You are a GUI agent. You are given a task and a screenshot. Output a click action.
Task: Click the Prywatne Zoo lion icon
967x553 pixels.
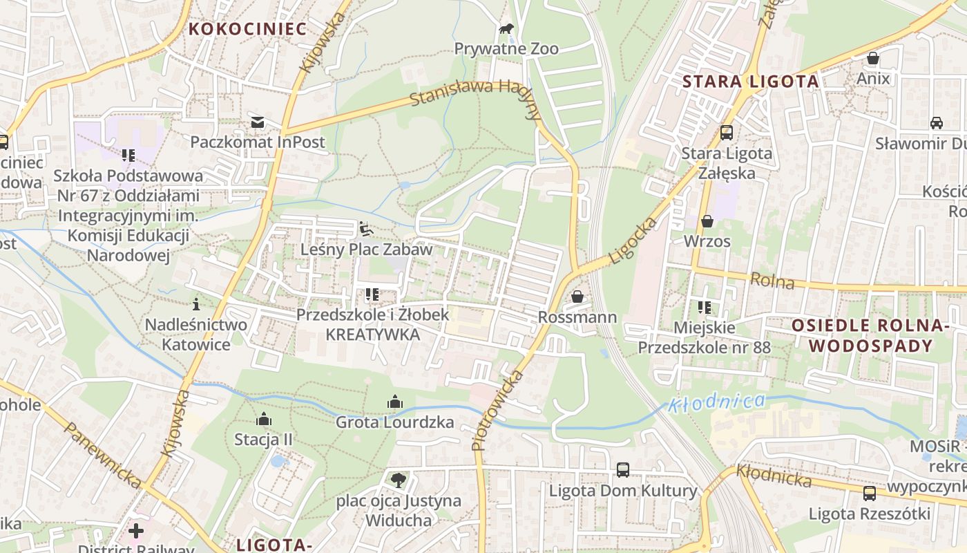pos(507,29)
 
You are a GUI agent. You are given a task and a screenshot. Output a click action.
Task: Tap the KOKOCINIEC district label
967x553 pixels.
pos(247,29)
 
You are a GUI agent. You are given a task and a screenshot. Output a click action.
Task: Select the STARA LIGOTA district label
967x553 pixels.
pos(750,82)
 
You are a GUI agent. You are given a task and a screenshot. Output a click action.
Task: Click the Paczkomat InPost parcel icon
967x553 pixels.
pos(258,122)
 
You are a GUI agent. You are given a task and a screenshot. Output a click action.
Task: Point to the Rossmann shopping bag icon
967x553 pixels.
pos(577,297)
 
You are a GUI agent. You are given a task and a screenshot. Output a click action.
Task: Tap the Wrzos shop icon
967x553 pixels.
pos(707,221)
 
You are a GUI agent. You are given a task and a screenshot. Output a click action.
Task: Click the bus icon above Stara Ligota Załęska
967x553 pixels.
pos(726,133)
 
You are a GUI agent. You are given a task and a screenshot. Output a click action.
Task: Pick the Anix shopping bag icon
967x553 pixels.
pos(873,58)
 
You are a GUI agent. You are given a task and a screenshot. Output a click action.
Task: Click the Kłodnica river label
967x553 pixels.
pos(716,402)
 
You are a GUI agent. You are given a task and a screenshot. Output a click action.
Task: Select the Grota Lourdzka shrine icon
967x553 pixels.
pos(395,402)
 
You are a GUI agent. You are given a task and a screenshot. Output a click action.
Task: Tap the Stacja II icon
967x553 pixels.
pos(263,419)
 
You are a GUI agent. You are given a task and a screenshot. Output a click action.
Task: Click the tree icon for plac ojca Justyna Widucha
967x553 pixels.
pos(398,479)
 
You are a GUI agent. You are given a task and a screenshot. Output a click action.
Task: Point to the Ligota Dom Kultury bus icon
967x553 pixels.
pos(623,470)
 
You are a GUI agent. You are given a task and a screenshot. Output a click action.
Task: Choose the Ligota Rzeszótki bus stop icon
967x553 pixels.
pos(870,494)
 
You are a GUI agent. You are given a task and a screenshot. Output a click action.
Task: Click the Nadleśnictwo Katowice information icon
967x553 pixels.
pos(196,304)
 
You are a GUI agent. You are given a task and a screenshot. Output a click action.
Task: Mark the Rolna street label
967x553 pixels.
pos(772,281)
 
